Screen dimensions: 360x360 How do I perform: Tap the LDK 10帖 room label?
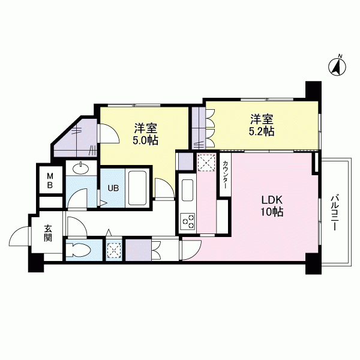[x=272, y=206]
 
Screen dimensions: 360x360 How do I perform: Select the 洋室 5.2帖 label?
[x=262, y=125]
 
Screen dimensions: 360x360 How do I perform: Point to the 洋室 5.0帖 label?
[x=146, y=134]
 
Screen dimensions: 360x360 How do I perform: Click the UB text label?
[x=113, y=188]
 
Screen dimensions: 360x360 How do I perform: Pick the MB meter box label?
[x=50, y=181]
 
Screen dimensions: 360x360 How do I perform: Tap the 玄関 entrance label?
[x=48, y=233]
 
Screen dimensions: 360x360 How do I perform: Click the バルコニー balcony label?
[x=334, y=213]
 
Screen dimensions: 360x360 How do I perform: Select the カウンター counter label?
[x=225, y=175]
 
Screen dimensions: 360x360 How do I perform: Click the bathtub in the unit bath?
[x=137, y=188]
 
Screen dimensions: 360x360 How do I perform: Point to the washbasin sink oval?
[x=80, y=169]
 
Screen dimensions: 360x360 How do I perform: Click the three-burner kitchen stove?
[x=188, y=221]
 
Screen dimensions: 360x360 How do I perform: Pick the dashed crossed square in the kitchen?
[x=206, y=163]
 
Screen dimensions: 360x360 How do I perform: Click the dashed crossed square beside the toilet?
[x=115, y=250]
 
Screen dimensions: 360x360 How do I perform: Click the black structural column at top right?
[x=313, y=91]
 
